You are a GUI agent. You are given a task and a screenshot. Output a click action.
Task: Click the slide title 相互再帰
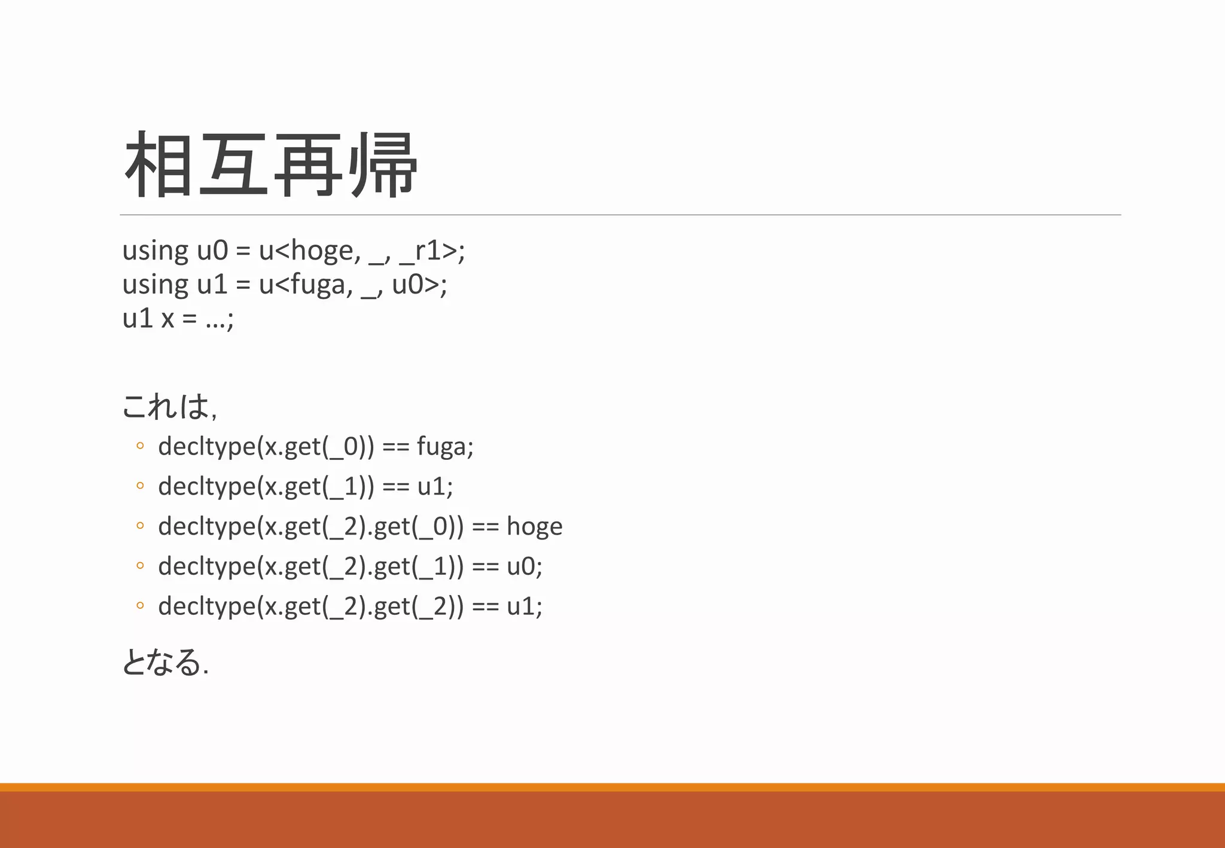(270, 165)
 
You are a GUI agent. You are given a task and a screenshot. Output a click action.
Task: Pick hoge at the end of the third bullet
(534, 526)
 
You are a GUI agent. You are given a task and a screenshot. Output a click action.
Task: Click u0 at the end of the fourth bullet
(521, 566)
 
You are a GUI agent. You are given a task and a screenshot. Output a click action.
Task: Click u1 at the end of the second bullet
(431, 486)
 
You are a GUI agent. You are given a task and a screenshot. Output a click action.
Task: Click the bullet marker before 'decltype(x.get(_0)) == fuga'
(140, 446)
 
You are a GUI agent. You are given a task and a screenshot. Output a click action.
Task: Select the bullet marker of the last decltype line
(140, 606)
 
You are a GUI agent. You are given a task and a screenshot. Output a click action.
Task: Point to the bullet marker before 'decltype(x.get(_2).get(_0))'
(140, 526)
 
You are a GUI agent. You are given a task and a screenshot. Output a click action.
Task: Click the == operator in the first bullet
(395, 447)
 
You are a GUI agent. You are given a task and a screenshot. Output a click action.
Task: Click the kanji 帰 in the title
(384, 165)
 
